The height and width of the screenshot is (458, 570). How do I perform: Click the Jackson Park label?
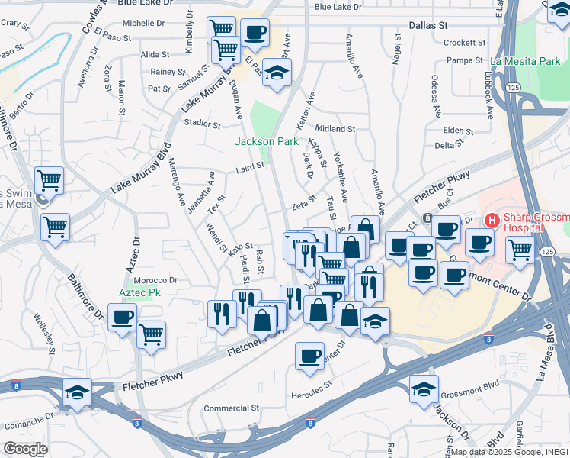pyautogui.click(x=266, y=141)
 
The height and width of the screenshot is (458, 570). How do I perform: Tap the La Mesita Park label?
pyautogui.click(x=526, y=61)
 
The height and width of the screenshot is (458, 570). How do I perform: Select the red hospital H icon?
pyautogui.click(x=492, y=221)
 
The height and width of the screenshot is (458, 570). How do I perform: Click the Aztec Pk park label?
pyautogui.click(x=139, y=292)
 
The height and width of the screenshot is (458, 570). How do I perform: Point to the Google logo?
pyautogui.click(x=25, y=448)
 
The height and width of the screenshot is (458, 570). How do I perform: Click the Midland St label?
pyautogui.click(x=335, y=130)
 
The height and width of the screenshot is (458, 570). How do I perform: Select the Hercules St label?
pyautogui.click(x=312, y=395)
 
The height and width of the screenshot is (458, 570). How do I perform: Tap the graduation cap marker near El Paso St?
pyautogui.click(x=277, y=72)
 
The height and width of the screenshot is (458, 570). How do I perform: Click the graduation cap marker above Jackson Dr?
pyautogui.click(x=424, y=389)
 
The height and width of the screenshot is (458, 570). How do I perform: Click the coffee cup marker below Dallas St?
pyautogui.click(x=255, y=32)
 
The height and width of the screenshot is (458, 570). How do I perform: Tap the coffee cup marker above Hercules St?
pyautogui.click(x=309, y=356)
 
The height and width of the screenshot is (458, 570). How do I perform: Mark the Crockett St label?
pyautogui.click(x=459, y=44)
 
